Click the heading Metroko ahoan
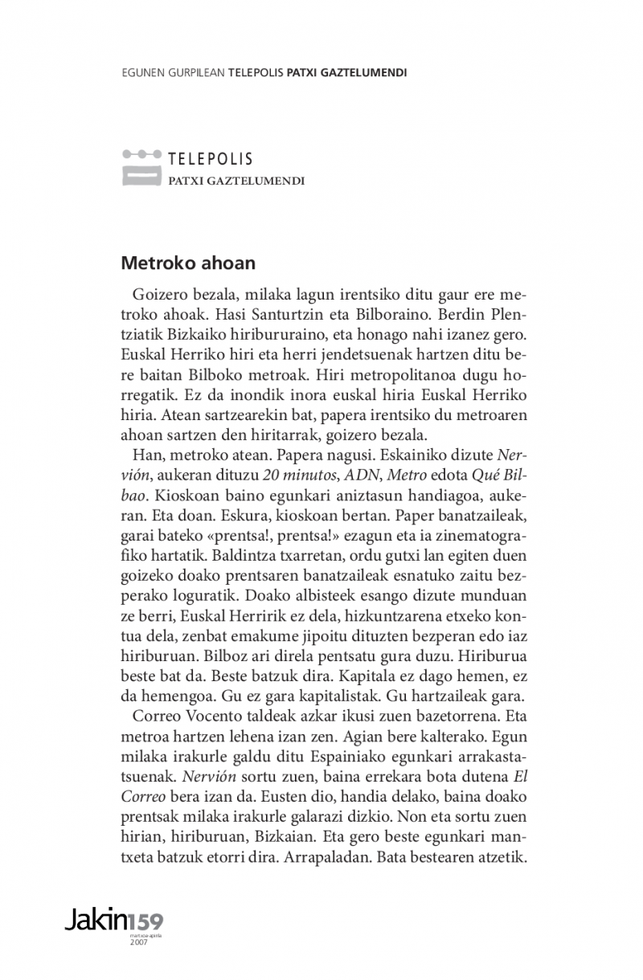[x=188, y=263]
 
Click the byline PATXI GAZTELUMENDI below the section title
[x=236, y=181]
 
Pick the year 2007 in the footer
[x=138, y=941]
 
